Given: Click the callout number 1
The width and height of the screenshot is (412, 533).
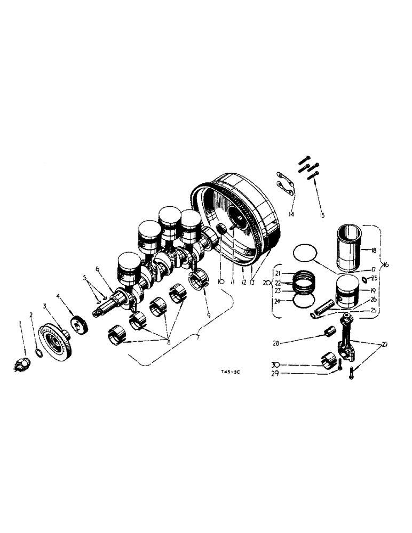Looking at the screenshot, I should click(x=21, y=323).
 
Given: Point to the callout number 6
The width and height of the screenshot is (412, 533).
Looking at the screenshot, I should click(x=98, y=269).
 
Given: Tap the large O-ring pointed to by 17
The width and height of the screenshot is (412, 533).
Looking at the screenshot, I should click(x=305, y=253).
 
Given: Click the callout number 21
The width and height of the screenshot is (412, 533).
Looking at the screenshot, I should click(x=278, y=273).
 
